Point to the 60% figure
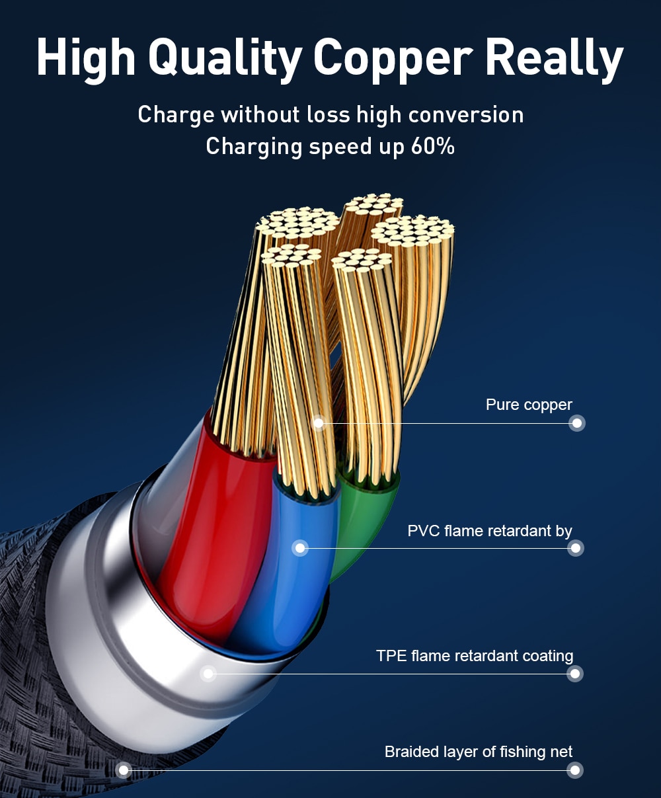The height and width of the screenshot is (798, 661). coord(432,146)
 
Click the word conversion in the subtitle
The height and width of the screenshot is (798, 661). coord(465,114)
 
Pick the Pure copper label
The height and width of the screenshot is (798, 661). coord(529,405)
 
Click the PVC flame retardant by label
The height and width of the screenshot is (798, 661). coord(490,531)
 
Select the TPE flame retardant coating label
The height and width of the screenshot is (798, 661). coord(475,656)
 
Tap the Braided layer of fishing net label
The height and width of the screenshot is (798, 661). coord(479,752)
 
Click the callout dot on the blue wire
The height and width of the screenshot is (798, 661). coord(301,547)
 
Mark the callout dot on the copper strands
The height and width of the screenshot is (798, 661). coord(319,422)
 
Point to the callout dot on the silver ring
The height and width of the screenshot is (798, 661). coord(209,674)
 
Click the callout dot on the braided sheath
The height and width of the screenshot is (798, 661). coord(123,770)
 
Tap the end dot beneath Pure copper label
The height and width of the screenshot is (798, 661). coord(577,423)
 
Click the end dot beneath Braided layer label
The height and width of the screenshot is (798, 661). coord(575,770)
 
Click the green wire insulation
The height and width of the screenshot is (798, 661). coord(364,522)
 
